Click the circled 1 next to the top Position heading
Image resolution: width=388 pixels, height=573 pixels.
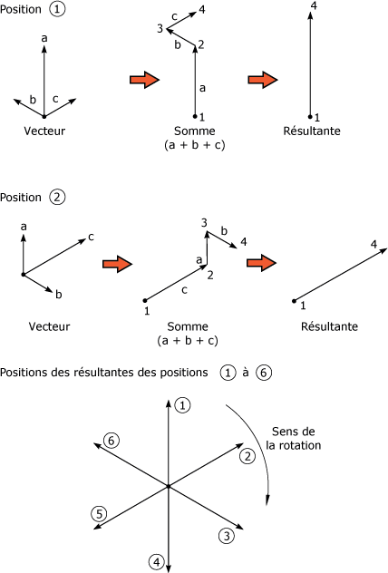57,9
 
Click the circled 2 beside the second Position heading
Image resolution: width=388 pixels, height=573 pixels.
57,198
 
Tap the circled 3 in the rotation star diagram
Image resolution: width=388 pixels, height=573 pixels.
227,536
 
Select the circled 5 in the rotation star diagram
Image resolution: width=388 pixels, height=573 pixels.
99,514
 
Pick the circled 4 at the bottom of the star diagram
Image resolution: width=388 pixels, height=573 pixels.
157,562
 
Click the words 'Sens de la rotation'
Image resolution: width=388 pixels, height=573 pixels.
294,439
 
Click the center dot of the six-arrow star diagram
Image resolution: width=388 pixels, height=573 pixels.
169,486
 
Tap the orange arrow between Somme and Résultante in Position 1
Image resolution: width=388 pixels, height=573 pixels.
263,80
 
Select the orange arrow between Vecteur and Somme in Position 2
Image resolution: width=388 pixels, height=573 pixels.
117,264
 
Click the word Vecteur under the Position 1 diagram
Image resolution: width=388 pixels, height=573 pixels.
44,131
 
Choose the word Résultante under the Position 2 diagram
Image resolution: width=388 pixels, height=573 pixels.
329,326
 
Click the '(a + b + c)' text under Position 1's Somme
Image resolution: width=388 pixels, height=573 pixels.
195,145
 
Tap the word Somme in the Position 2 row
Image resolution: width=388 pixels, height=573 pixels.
188,326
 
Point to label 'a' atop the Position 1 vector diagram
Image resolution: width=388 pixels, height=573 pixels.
44,38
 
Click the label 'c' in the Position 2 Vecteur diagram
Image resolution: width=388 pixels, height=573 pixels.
91,238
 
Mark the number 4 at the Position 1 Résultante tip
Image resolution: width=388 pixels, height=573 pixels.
314,5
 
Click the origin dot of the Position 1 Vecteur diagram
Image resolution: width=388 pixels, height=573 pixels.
44,117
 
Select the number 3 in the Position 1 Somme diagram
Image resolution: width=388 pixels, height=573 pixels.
160,28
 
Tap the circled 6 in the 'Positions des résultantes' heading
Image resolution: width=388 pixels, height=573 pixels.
264,373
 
